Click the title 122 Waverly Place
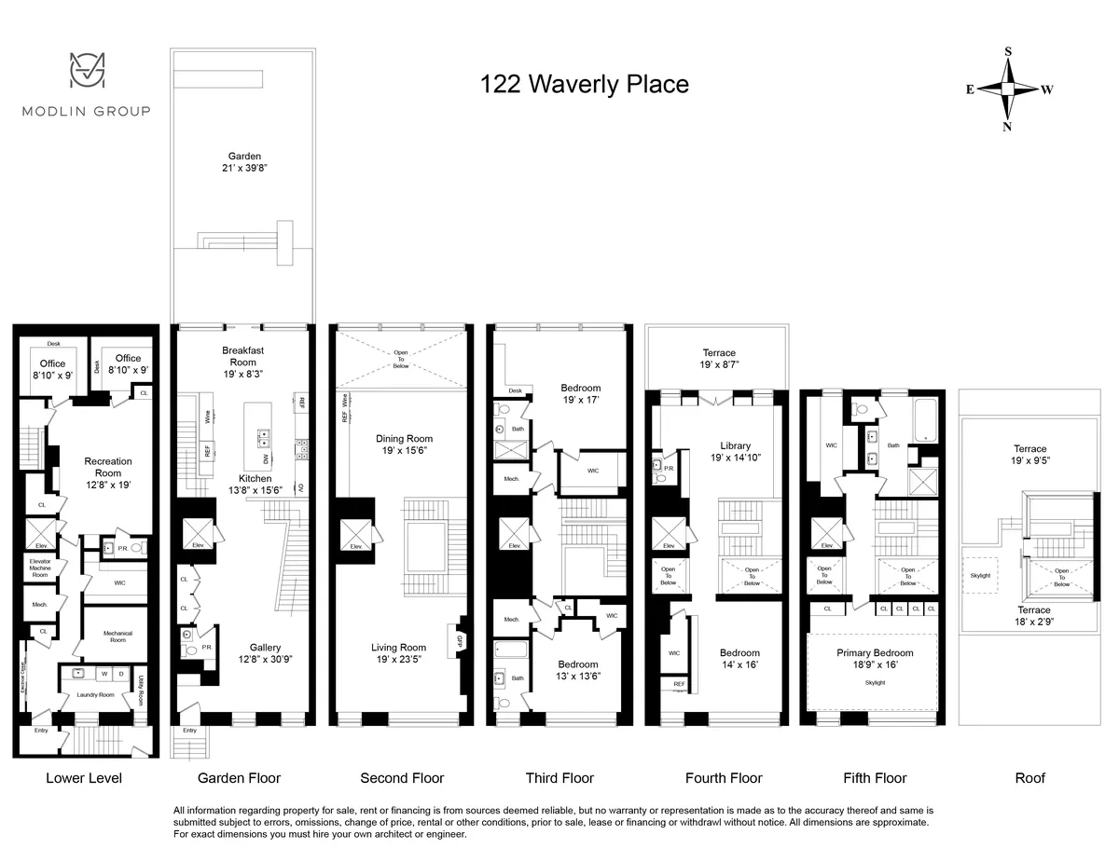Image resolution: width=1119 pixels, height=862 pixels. click(x=584, y=85)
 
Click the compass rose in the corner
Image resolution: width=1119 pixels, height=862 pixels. click(x=1008, y=89)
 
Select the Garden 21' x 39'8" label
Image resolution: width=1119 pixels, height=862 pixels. click(x=244, y=163)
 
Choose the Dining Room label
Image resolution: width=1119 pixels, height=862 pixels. click(x=404, y=445)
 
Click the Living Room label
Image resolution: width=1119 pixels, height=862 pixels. click(x=398, y=654)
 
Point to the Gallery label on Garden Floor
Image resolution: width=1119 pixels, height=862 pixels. click(x=265, y=654)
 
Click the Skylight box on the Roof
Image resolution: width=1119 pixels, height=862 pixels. click(x=981, y=575)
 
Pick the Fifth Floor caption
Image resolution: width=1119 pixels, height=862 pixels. click(x=874, y=778)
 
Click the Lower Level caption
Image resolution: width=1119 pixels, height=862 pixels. click(x=84, y=778)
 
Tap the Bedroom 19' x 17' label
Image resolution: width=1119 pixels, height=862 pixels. click(x=580, y=394)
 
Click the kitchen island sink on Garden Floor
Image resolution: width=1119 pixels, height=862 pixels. click(x=264, y=433)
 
